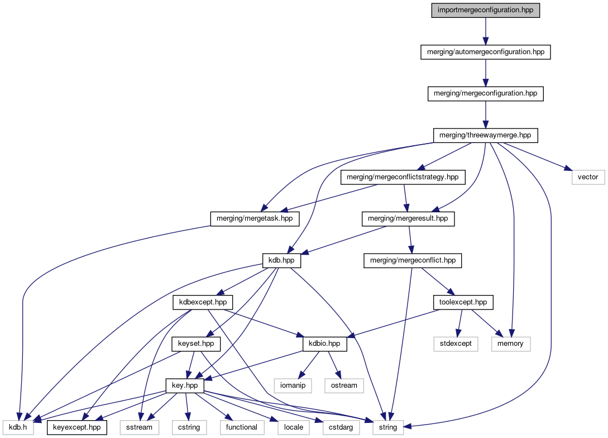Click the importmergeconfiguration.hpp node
486,11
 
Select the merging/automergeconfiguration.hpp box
486,52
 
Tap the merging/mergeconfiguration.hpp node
486,93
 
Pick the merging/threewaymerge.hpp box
486,135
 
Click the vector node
588,177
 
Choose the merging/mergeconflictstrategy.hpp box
403,177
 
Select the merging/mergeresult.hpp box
408,218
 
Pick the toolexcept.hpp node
460,302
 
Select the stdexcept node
456,344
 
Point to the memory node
510,344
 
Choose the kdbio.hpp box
324,344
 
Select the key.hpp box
185,385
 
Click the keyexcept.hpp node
76,427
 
